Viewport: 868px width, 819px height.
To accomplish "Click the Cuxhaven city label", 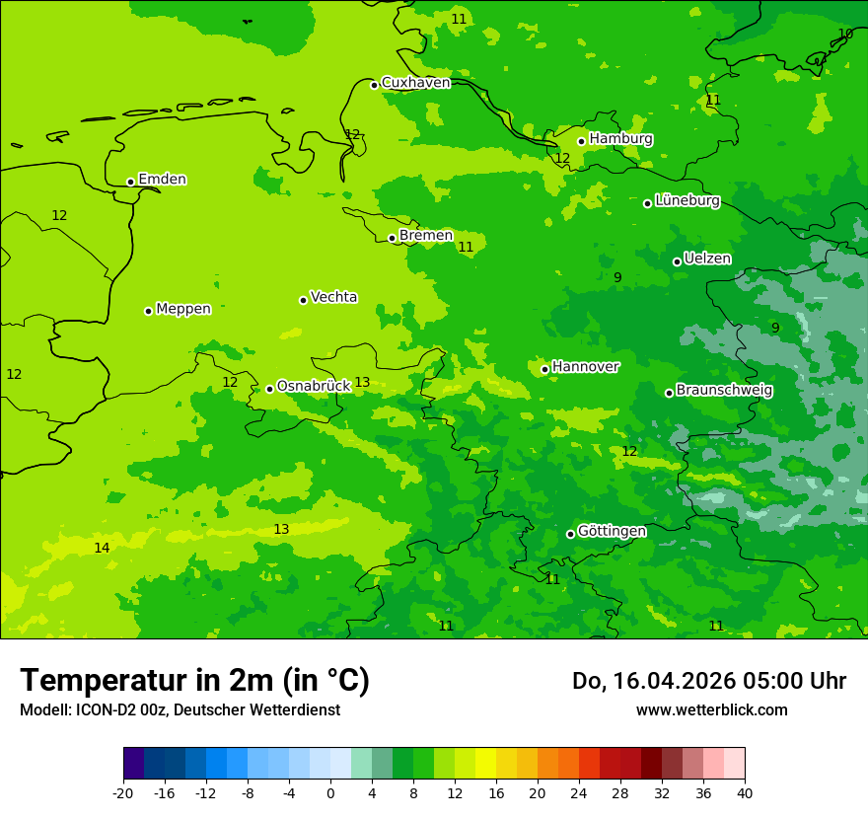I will click(415, 83).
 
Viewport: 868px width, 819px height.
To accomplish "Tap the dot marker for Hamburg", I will click(582, 141).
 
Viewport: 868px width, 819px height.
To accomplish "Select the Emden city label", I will click(162, 180).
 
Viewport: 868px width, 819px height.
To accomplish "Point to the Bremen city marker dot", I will click(392, 238).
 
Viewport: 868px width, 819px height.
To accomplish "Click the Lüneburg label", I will click(687, 200).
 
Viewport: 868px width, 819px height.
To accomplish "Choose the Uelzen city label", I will click(707, 259).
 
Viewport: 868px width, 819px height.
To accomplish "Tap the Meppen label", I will click(183, 309).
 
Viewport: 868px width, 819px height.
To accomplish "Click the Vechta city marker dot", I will click(303, 300).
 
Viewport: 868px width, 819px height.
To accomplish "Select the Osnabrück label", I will click(314, 386).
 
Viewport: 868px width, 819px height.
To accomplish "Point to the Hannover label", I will click(585, 367).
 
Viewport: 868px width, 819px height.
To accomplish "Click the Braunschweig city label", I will click(724, 390).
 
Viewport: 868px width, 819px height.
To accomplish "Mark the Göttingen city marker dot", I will click(570, 534).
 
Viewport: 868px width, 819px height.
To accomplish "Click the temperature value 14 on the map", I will click(102, 548).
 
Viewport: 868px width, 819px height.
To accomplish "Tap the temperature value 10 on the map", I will click(845, 34).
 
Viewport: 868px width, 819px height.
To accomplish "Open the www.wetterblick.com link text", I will click(711, 709).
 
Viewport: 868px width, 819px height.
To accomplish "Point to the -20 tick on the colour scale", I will click(123, 792).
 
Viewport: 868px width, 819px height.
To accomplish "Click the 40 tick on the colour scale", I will click(745, 792).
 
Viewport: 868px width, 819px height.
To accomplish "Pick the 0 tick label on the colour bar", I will click(330, 792).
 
